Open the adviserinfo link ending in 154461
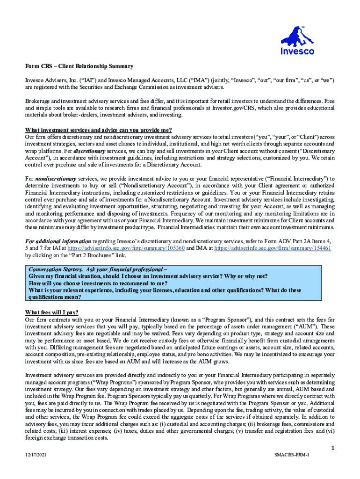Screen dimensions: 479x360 point(273,248)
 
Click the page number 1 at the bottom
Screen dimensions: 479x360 point(332,449)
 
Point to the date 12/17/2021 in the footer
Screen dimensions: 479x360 point(36,455)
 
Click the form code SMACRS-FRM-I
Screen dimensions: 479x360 point(292,455)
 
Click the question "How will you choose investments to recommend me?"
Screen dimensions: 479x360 point(98,283)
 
